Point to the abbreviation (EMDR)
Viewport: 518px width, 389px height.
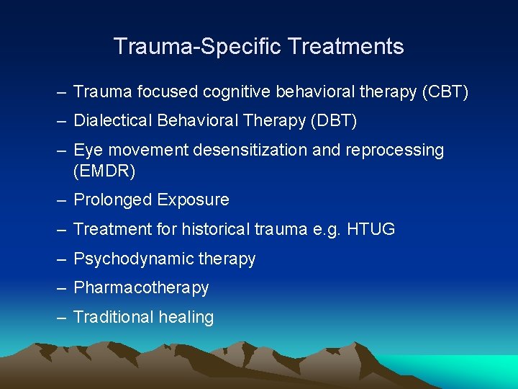pos(104,171)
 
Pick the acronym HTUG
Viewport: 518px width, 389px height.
pos(371,229)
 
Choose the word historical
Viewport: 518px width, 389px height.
pos(215,229)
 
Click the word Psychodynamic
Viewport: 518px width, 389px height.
pos(129,259)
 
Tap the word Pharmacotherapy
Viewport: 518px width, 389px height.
pos(141,288)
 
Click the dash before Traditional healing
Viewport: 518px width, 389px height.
pos(60,318)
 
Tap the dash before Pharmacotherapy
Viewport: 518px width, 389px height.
pos(60,288)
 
